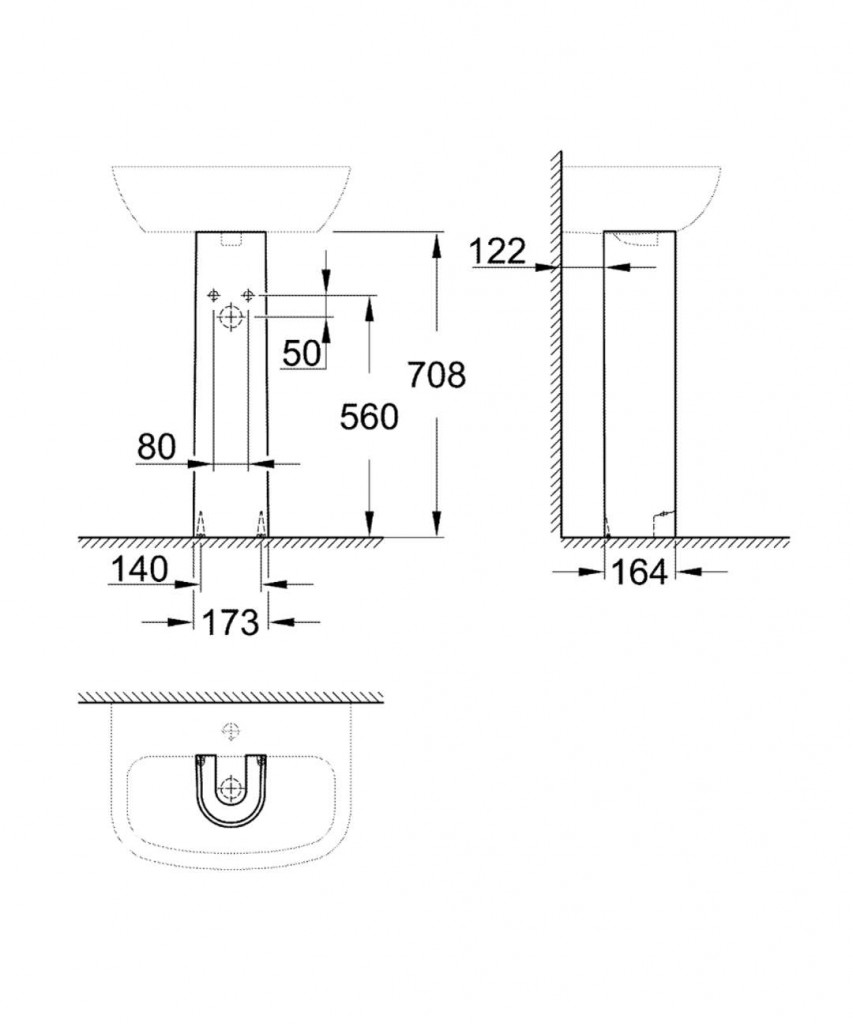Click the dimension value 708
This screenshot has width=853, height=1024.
[x=437, y=376]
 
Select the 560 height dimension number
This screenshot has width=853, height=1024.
[x=368, y=417]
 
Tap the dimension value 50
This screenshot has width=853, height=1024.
[x=302, y=353]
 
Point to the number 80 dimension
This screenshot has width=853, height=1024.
[x=157, y=447]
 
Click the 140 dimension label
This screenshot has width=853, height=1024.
[x=139, y=569]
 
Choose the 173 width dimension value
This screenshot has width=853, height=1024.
[x=231, y=622]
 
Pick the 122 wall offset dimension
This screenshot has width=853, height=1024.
[x=497, y=251]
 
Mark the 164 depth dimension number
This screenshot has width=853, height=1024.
[x=639, y=572]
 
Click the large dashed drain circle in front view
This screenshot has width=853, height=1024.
[x=230, y=317]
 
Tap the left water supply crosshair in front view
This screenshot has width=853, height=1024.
[x=213, y=295]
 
